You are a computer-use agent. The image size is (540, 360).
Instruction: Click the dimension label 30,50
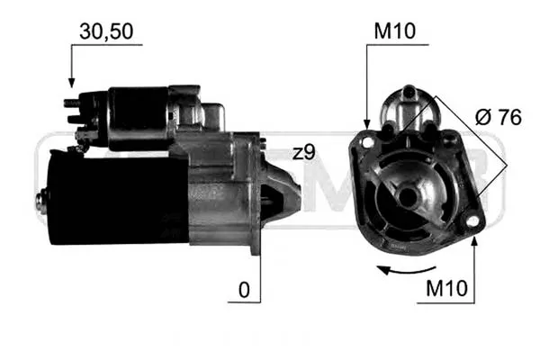pos(106,31)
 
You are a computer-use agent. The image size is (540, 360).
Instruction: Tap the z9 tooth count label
pos(304,152)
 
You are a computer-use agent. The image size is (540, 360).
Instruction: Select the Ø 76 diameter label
pos(499,117)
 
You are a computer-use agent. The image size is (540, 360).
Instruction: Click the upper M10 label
pos(395,31)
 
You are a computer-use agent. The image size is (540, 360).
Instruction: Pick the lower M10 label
pos(446,288)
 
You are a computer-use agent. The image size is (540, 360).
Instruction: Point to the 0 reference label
pos(244,290)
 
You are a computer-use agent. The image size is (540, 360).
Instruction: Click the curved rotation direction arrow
pos(407,270)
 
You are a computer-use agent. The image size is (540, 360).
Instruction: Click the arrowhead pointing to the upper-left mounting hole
pos(367,124)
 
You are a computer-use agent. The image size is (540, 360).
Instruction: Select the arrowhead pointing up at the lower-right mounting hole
pos(474,242)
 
